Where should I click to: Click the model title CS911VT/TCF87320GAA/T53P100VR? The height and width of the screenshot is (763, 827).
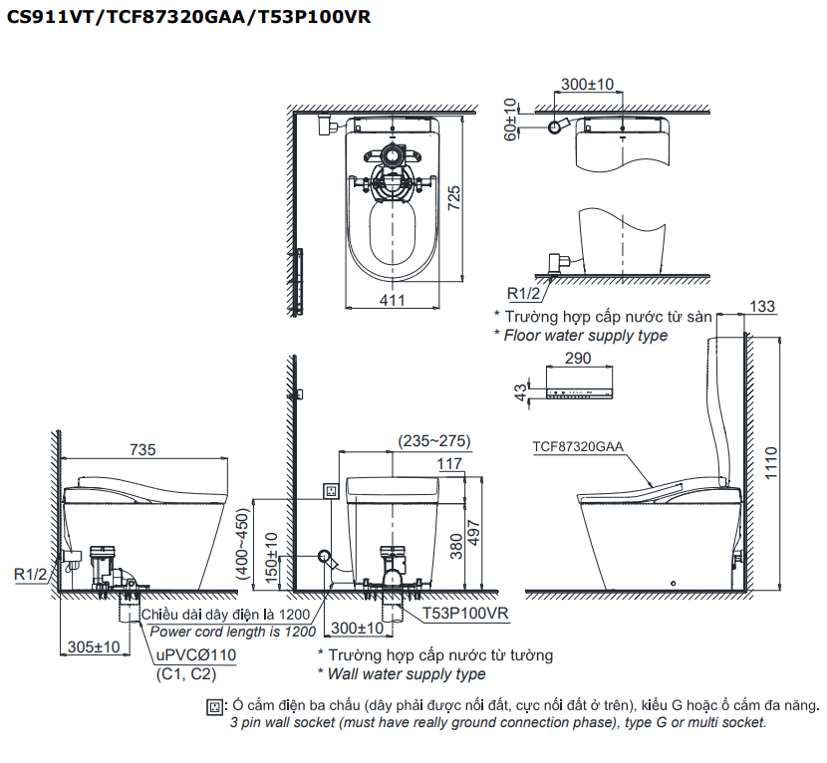click(x=189, y=17)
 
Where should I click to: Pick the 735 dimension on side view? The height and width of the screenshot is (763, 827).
click(x=143, y=449)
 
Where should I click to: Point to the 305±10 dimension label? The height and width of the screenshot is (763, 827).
click(x=93, y=646)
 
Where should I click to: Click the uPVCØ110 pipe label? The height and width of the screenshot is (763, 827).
click(x=195, y=655)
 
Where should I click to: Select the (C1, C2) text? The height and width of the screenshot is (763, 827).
click(x=185, y=674)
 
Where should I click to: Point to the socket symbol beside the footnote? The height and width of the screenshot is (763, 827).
click(x=212, y=706)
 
